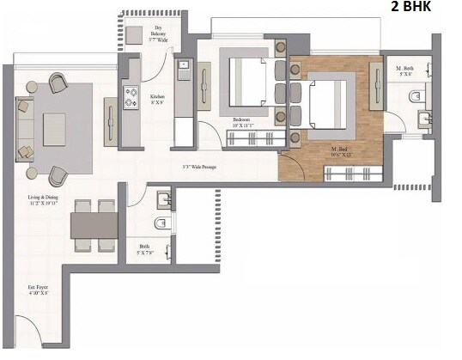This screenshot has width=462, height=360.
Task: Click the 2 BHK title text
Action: (411, 9)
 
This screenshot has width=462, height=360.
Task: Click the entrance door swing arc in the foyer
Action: (26, 331)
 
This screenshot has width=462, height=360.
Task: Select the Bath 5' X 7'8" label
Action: (144, 252)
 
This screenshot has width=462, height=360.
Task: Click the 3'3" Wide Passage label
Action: (197, 168)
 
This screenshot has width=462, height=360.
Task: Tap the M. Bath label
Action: (404, 70)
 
